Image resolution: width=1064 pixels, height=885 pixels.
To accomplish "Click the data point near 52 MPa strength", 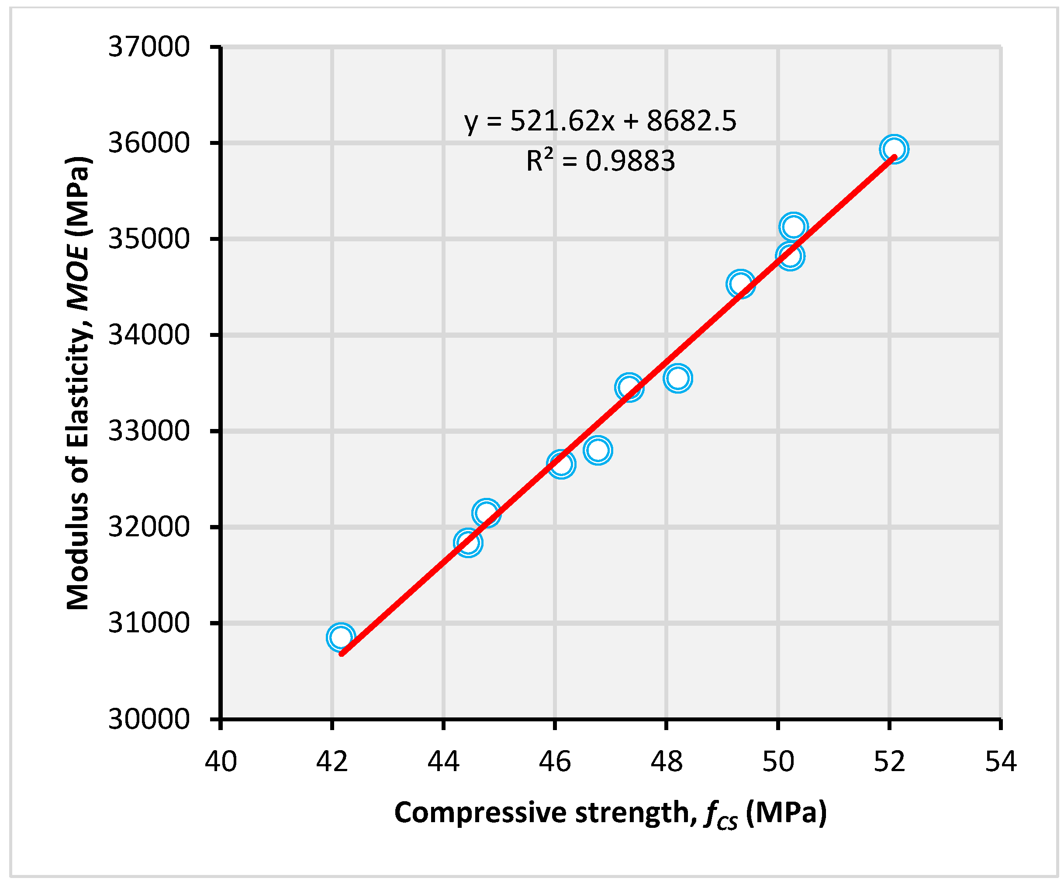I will pos(894,149).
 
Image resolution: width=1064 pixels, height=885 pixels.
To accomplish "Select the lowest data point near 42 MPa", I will pos(341,637).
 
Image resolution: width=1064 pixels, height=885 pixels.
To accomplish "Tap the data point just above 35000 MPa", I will pos(794,226).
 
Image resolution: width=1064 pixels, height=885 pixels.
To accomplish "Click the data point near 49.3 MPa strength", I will pos(740,284).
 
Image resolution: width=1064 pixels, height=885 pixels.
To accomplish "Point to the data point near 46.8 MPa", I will pos(598,449).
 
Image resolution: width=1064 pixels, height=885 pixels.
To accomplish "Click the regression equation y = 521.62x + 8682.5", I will pos(601,121).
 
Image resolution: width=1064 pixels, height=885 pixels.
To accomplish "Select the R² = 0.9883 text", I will pos(601,161).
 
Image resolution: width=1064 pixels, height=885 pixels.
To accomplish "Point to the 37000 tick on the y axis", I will pos(149,47).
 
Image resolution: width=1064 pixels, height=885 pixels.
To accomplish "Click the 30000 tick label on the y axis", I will pos(149,719).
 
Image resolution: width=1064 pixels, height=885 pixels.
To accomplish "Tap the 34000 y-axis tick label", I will pos(149,335).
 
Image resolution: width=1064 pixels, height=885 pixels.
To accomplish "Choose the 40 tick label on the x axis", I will pos(221,761).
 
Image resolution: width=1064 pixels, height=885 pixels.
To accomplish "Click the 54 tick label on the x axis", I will pos(1001,761).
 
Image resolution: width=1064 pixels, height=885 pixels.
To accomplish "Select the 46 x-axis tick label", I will pos(555,761).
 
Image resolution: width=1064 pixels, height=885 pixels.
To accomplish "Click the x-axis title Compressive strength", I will pos(610,813).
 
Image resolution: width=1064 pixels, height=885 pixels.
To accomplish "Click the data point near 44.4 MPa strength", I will pos(468,543).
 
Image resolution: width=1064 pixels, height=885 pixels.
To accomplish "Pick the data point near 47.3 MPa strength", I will pos(629,388).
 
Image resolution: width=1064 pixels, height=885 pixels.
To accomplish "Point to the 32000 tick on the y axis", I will pos(149,527).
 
